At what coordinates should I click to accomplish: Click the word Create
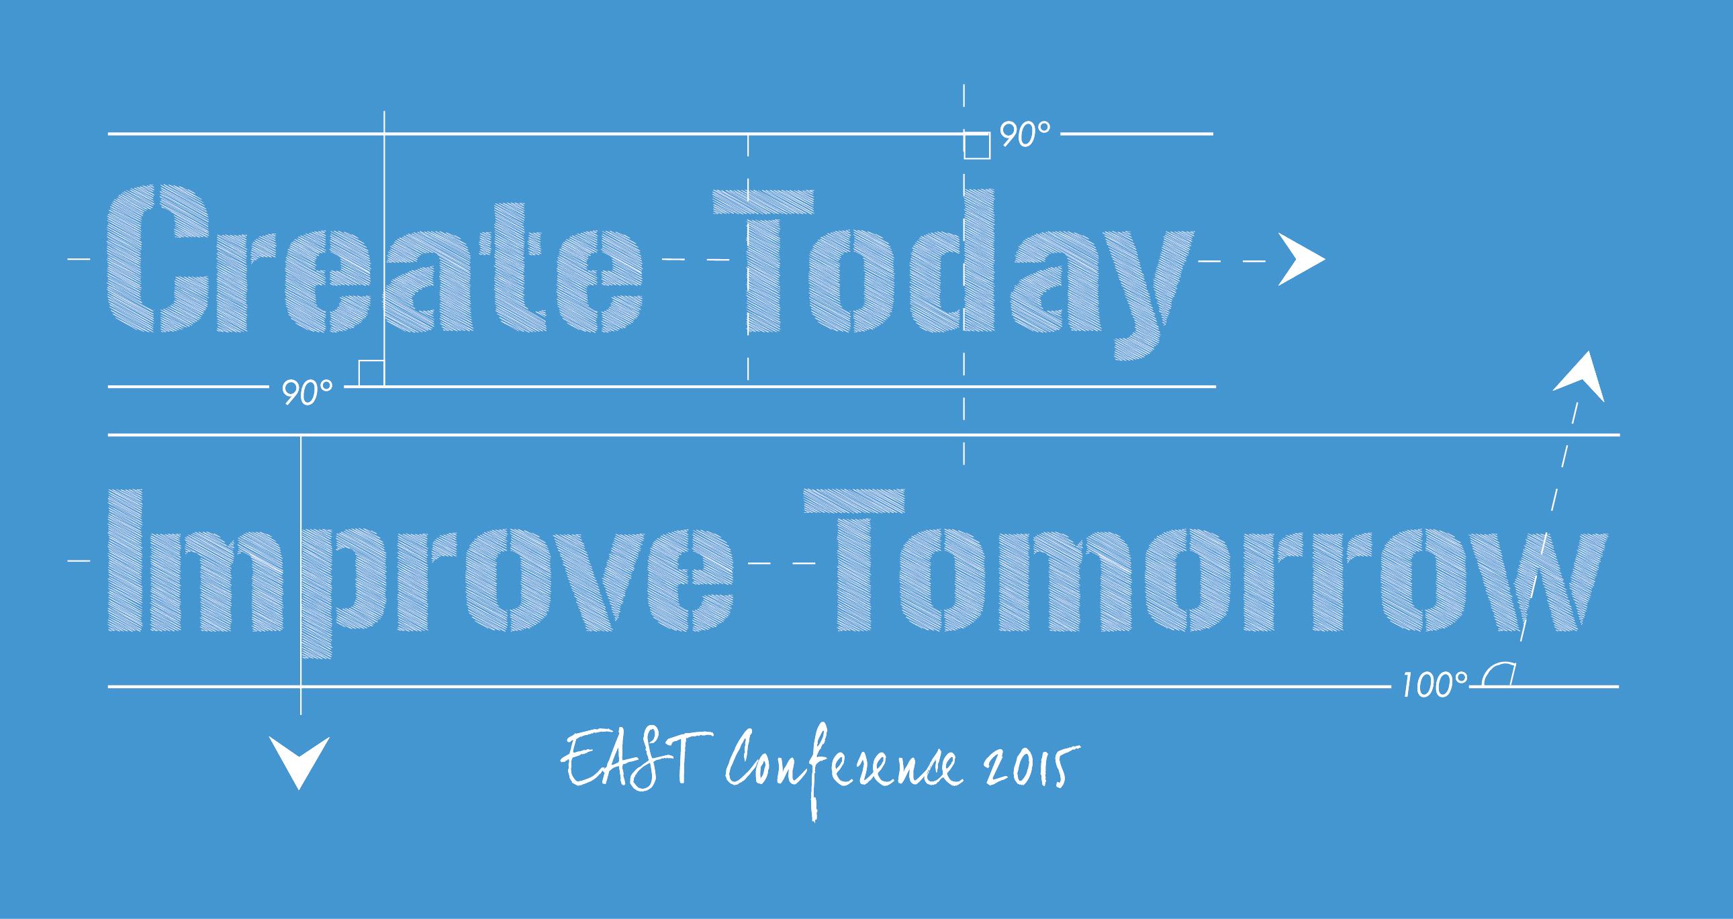coord(375,258)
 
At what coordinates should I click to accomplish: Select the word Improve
coord(420,574)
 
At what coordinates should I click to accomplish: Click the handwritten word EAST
coord(637,761)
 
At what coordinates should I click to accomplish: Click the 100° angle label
coord(1434,685)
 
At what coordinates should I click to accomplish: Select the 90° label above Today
coord(1025,133)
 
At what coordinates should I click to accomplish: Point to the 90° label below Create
coord(307,391)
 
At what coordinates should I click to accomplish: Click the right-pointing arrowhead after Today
coord(1301,260)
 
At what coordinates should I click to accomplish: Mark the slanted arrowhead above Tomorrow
coord(1583,377)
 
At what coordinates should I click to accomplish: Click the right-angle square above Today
coord(977,146)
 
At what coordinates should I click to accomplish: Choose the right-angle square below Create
coord(371,373)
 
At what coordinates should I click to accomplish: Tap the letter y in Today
coord(1149,295)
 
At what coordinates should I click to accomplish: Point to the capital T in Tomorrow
coord(854,560)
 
